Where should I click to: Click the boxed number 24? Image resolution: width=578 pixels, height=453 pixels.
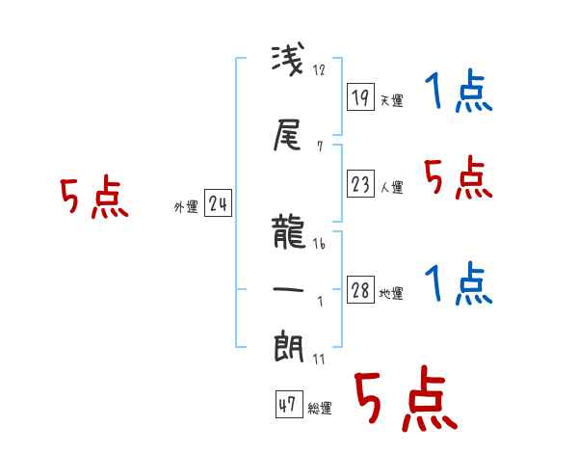pyautogui.click(x=219, y=203)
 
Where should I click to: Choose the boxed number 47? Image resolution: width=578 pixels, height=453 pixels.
pyautogui.click(x=287, y=405)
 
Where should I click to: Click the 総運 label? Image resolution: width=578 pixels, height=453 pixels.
pyautogui.click(x=319, y=409)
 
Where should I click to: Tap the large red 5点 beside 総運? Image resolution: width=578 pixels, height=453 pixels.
pyautogui.click(x=405, y=400)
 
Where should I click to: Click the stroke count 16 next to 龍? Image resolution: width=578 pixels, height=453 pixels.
pyautogui.click(x=319, y=245)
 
